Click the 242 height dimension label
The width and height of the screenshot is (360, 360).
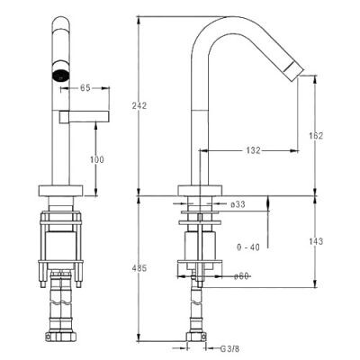[x=139, y=105]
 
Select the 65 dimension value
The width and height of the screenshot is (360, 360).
[x=85, y=88]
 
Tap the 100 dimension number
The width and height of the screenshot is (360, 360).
[x=97, y=159]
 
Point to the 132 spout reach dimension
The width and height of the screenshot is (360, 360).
[x=254, y=150]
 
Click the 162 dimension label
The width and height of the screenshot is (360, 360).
[x=316, y=136]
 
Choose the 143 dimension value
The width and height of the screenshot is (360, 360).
[x=316, y=241]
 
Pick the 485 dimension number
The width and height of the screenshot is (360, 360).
[x=139, y=268]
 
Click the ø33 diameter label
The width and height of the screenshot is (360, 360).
[x=238, y=204]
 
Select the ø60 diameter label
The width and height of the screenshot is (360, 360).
[x=241, y=276]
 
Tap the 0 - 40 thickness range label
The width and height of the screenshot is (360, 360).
[x=248, y=247]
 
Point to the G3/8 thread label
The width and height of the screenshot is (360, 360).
[x=230, y=349]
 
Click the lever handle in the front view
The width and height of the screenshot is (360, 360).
[x=84, y=117]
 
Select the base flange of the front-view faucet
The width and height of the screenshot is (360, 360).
[x=61, y=191]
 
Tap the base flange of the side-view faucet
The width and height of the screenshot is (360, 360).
[x=200, y=191]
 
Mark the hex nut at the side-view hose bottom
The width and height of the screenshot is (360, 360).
[x=196, y=337]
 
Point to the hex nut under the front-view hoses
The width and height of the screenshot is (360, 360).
[x=61, y=337]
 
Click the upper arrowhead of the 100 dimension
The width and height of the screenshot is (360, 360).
[x=96, y=126]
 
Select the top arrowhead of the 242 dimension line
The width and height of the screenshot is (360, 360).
[x=139, y=20]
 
